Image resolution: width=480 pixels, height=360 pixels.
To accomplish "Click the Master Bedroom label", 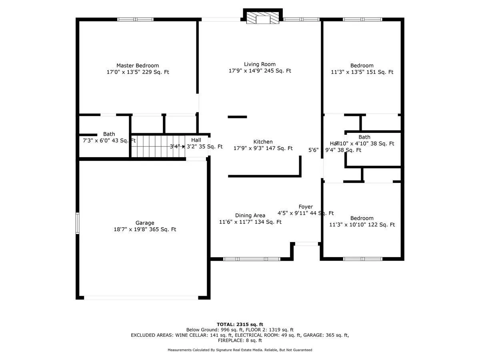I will (138, 66).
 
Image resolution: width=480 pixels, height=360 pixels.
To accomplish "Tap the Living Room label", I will (260, 64).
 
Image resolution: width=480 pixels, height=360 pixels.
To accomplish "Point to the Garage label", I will (145, 223).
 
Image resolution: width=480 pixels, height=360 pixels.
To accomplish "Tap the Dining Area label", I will (250, 215).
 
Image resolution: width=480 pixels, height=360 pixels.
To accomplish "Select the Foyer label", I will (306, 206).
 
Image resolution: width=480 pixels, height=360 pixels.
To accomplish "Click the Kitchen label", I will (263, 142).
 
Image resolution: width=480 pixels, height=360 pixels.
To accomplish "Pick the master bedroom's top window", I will (135, 19).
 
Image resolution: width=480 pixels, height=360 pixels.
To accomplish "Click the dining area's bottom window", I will (251, 259).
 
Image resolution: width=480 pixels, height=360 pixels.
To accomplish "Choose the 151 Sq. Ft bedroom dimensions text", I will (362, 72).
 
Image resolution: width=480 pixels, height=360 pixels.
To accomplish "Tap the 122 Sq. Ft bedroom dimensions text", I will (362, 225).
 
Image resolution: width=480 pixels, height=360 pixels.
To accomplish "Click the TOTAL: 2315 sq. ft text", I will (240, 324).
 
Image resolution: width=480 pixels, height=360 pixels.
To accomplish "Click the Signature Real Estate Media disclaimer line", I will (240, 350).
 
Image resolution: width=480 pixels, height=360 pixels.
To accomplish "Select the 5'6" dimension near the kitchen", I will (313, 150).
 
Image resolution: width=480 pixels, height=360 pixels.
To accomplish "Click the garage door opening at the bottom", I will (141, 298).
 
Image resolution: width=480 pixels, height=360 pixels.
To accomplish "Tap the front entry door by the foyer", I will (306, 243).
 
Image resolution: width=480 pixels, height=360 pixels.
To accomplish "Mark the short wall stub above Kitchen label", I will (237, 117).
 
